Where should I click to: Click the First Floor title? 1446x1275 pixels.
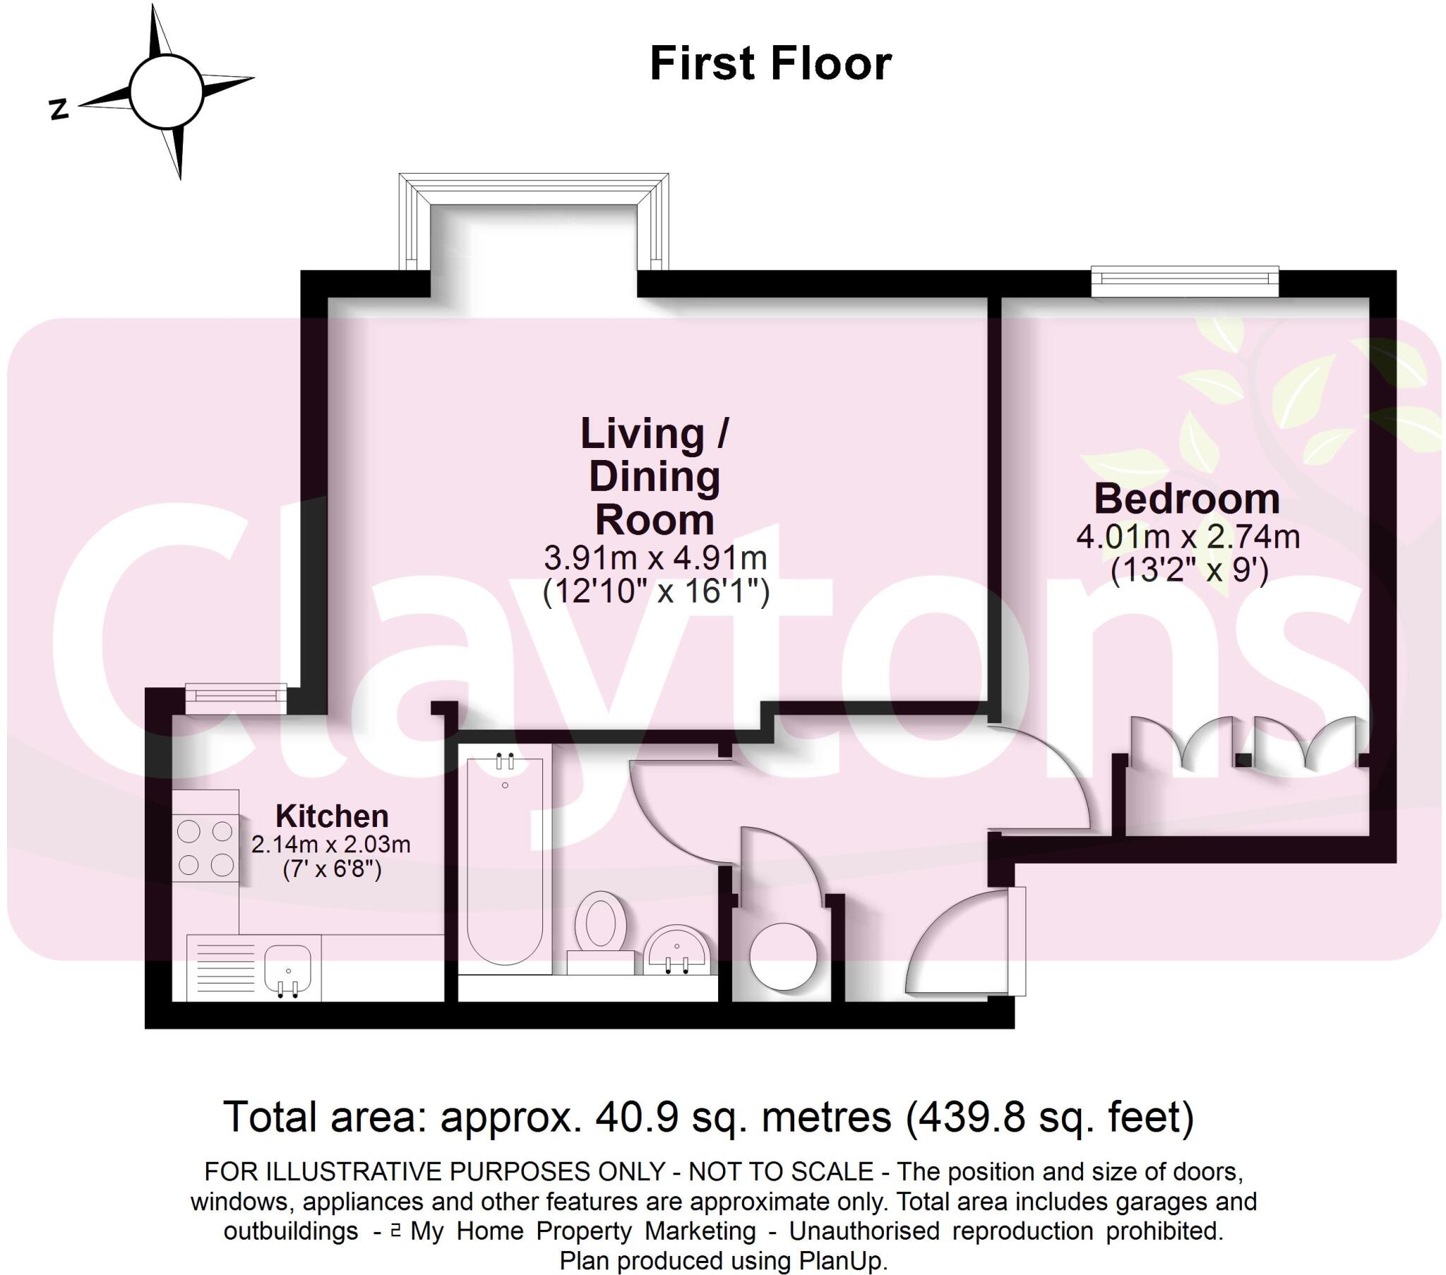pyautogui.click(x=770, y=64)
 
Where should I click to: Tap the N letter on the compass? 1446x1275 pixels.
pyautogui.click(x=59, y=109)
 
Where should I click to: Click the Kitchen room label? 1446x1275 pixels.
pyautogui.click(x=332, y=816)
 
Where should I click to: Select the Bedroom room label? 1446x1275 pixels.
pyautogui.click(x=1187, y=500)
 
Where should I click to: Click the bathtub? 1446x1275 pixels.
pyautogui.click(x=505, y=860)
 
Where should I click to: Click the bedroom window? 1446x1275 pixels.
pyautogui.click(x=1185, y=282)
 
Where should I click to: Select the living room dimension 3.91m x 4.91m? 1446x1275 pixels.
pyautogui.click(x=655, y=559)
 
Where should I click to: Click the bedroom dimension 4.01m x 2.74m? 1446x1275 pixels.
pyautogui.click(x=1188, y=538)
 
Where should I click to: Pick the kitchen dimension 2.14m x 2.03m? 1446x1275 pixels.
pyautogui.click(x=331, y=845)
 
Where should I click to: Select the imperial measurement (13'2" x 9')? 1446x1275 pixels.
pyautogui.click(x=1188, y=570)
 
